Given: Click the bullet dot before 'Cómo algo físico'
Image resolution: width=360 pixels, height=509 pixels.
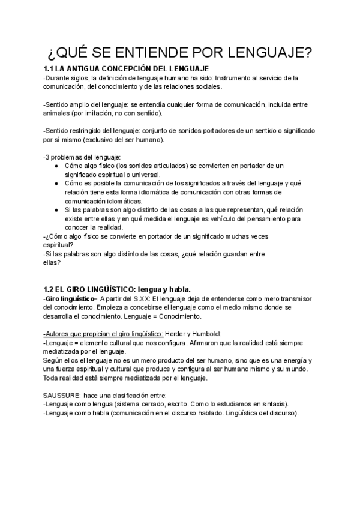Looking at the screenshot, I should (56, 165).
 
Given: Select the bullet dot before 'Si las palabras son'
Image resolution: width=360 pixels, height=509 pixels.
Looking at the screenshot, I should (56, 209).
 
